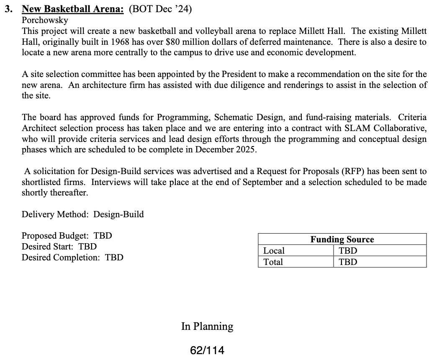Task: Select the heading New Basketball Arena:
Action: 73,9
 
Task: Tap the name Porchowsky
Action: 45,20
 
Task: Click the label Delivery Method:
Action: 55,214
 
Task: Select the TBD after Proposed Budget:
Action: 103,236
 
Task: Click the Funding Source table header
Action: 342,239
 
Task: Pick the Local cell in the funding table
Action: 274,251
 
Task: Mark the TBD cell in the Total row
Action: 348,262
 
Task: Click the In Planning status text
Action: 207,327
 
